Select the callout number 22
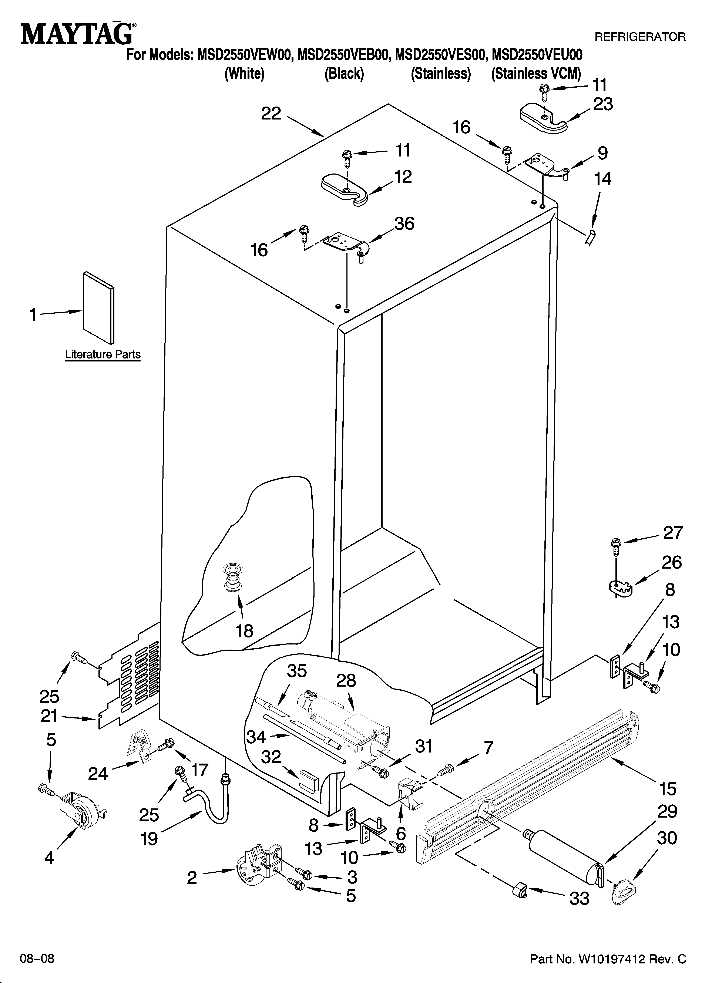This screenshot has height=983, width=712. point(271,114)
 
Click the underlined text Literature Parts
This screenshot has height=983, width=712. point(103,354)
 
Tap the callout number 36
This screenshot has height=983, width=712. point(404,224)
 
